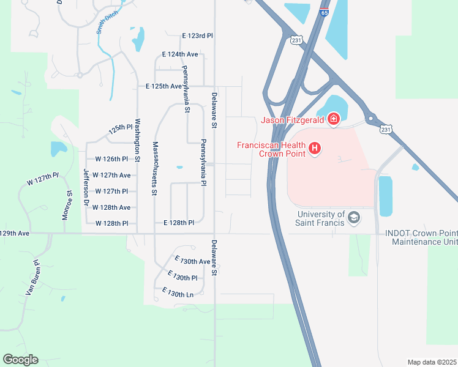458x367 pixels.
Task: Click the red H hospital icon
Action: [315, 148]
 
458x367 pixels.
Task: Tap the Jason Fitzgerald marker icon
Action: [334, 119]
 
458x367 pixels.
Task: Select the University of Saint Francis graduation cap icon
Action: [354, 218]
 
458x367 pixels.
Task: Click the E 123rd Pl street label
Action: [197, 36]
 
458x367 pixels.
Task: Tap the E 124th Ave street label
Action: [180, 54]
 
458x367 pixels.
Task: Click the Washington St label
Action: [138, 140]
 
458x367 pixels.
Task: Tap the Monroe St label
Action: [69, 202]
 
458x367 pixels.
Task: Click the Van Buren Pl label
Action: [32, 278]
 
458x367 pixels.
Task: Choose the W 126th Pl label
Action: [113, 159]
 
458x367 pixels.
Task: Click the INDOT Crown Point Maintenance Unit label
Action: [421, 237]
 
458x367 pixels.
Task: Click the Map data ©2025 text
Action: [431, 362]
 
